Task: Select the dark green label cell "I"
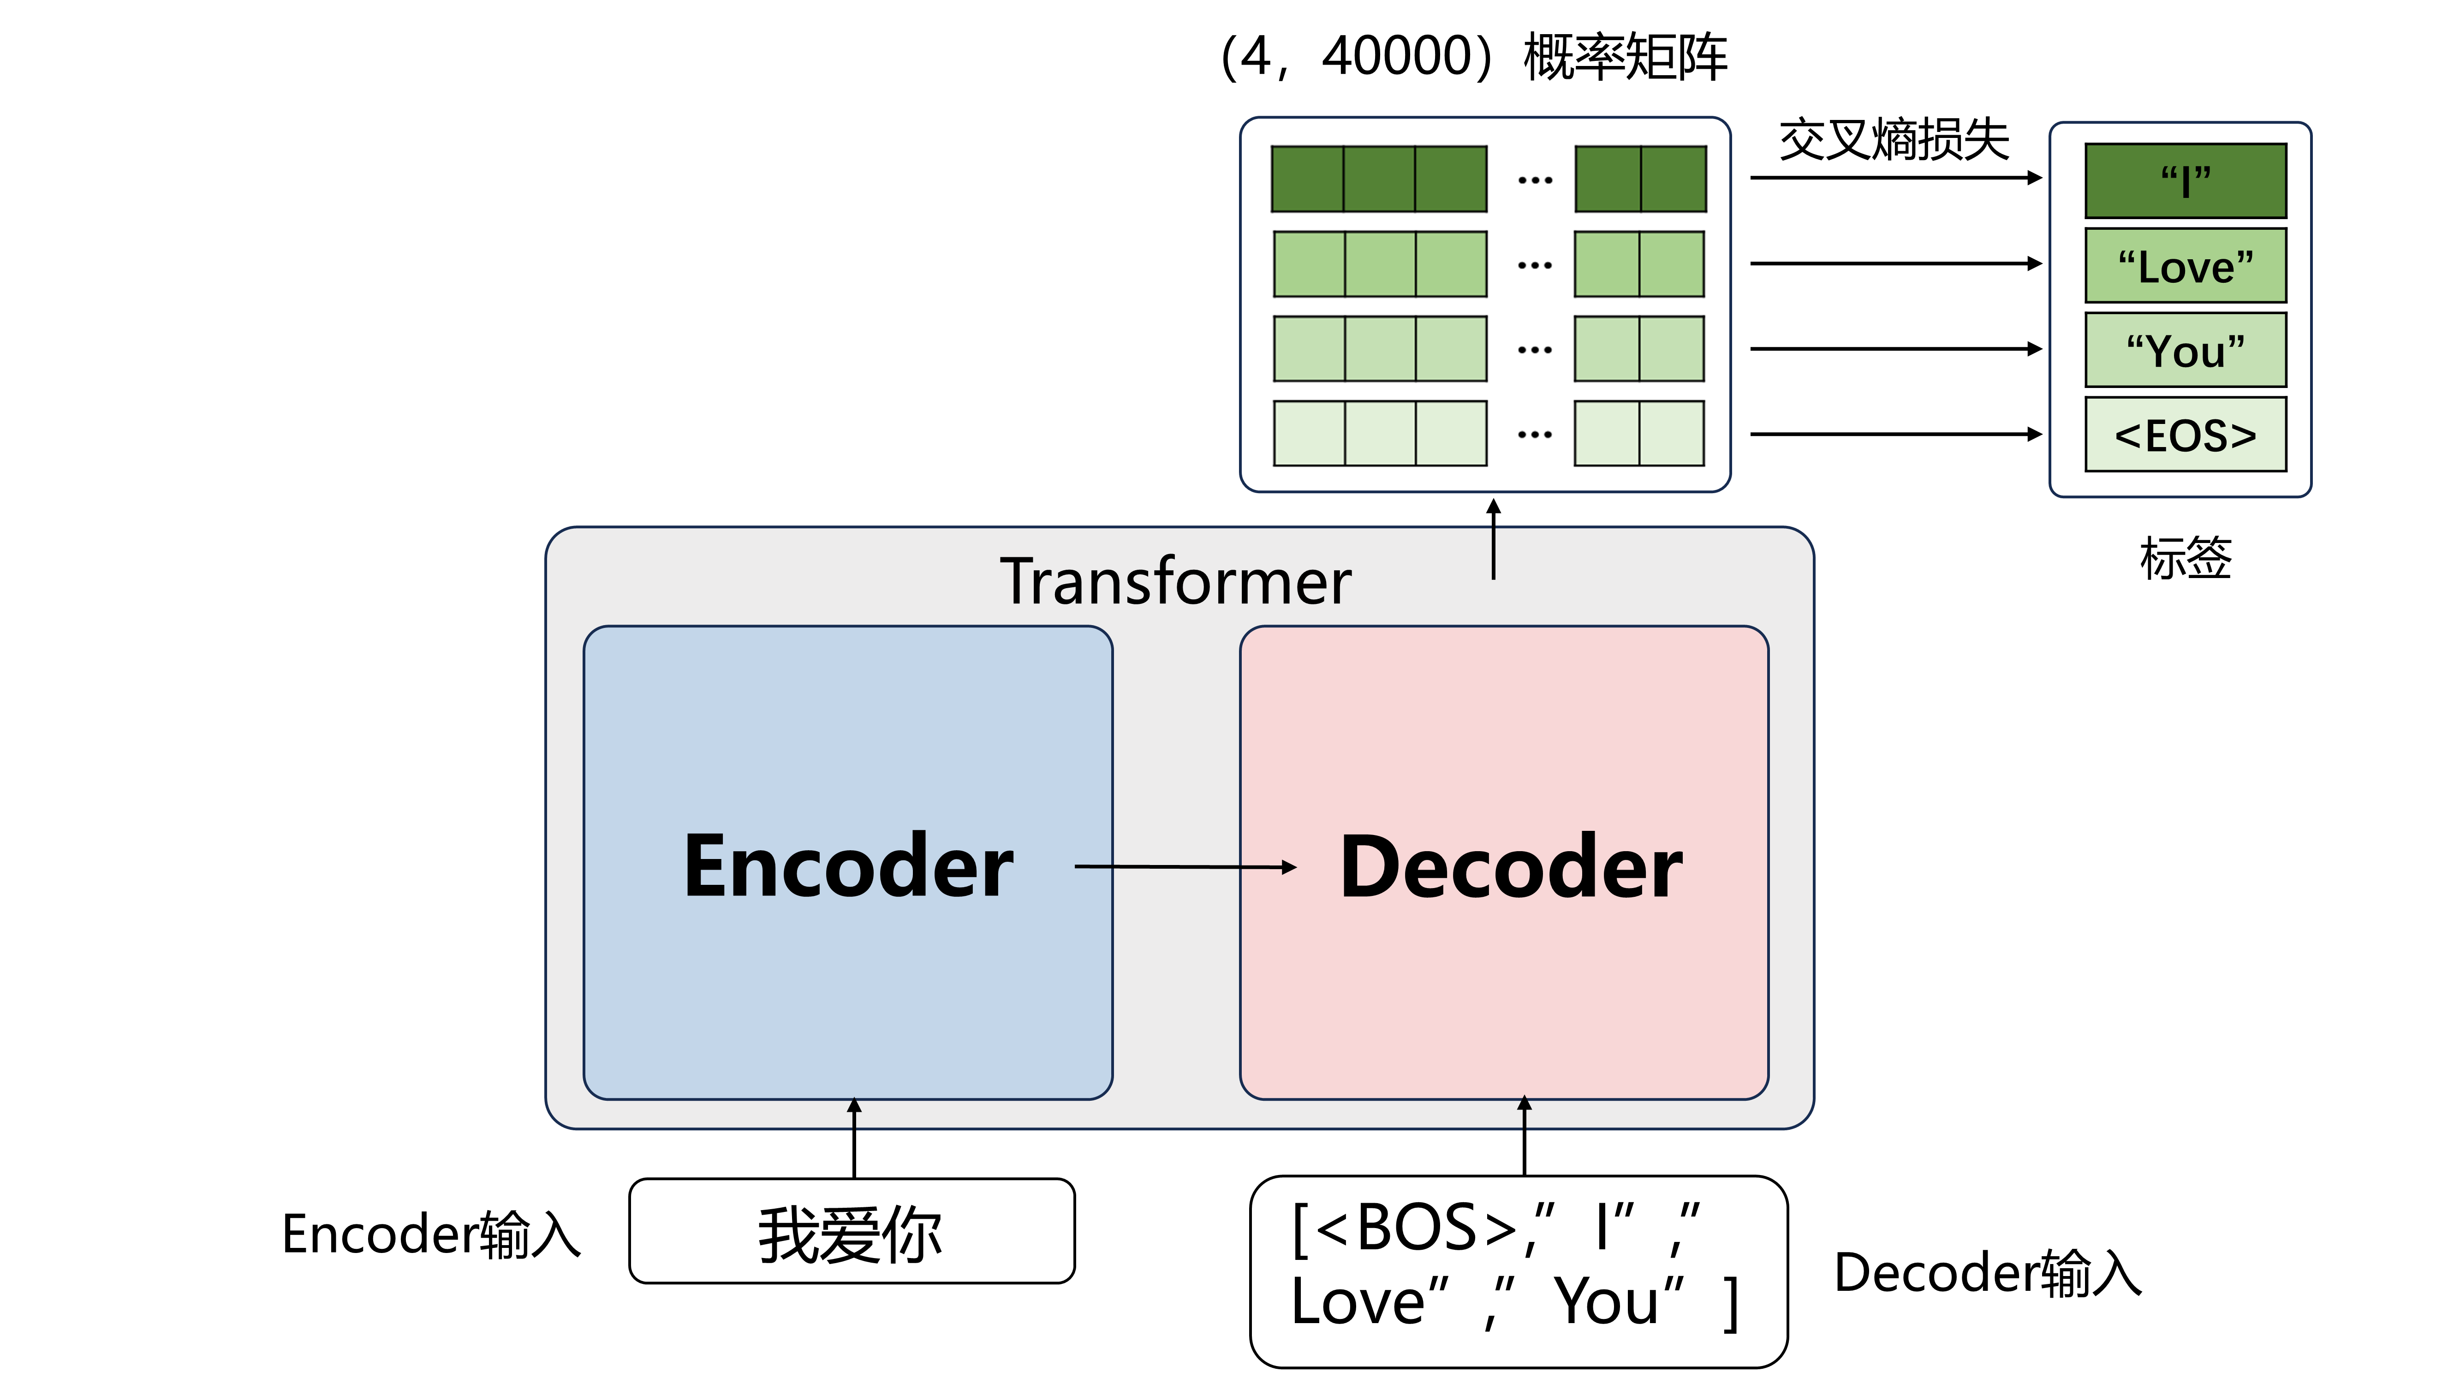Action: (2185, 180)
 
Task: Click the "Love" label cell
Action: (2185, 266)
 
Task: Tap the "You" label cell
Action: (2185, 350)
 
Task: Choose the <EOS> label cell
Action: (2185, 435)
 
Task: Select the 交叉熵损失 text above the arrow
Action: (1894, 140)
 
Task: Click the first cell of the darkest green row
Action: (1307, 179)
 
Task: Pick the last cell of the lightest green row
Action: (1671, 434)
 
